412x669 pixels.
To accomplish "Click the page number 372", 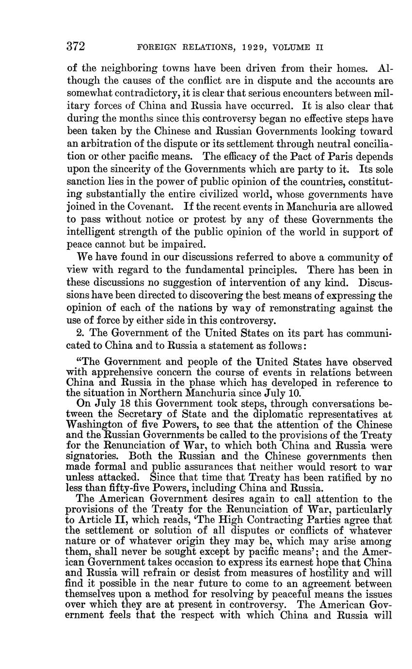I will click(76, 47).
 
